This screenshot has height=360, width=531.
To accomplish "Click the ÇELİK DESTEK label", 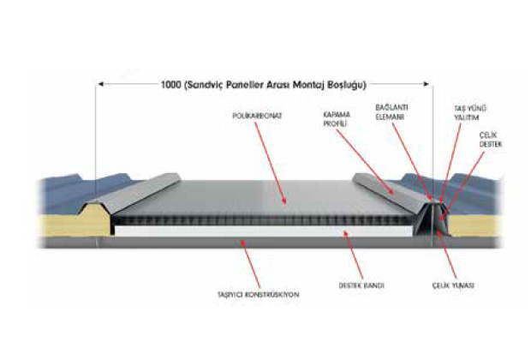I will click(x=490, y=140).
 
